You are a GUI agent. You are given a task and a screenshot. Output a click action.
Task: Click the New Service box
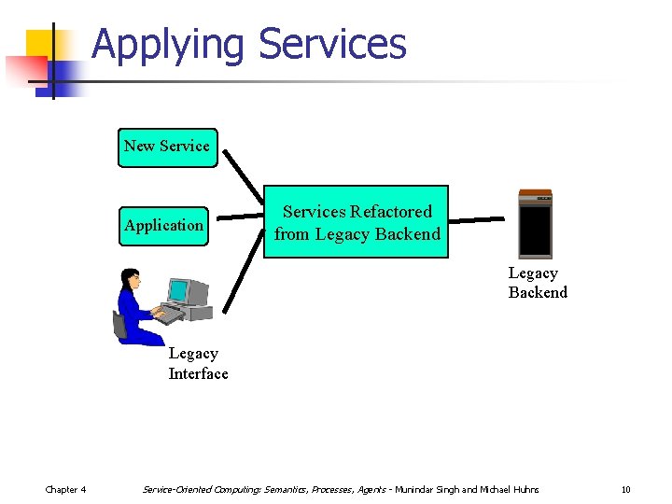coord(167,147)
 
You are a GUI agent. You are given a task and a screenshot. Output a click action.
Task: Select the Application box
coord(163,226)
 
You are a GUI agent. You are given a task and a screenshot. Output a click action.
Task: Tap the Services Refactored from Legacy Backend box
coord(357,222)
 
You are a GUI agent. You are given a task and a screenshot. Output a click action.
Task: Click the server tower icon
coord(535,224)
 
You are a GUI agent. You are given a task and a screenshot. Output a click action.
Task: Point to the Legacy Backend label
coord(537,283)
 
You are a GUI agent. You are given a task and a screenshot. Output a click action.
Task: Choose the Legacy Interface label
coord(198,364)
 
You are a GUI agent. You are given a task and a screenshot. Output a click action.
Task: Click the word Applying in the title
coord(168,44)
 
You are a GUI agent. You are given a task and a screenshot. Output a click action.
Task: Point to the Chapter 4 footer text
coord(66,490)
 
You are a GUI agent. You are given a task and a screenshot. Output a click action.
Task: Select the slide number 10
coord(625,490)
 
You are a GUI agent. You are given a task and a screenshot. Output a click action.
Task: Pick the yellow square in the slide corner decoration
coord(39,44)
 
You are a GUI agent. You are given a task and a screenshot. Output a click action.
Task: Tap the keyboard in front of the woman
coord(168,315)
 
